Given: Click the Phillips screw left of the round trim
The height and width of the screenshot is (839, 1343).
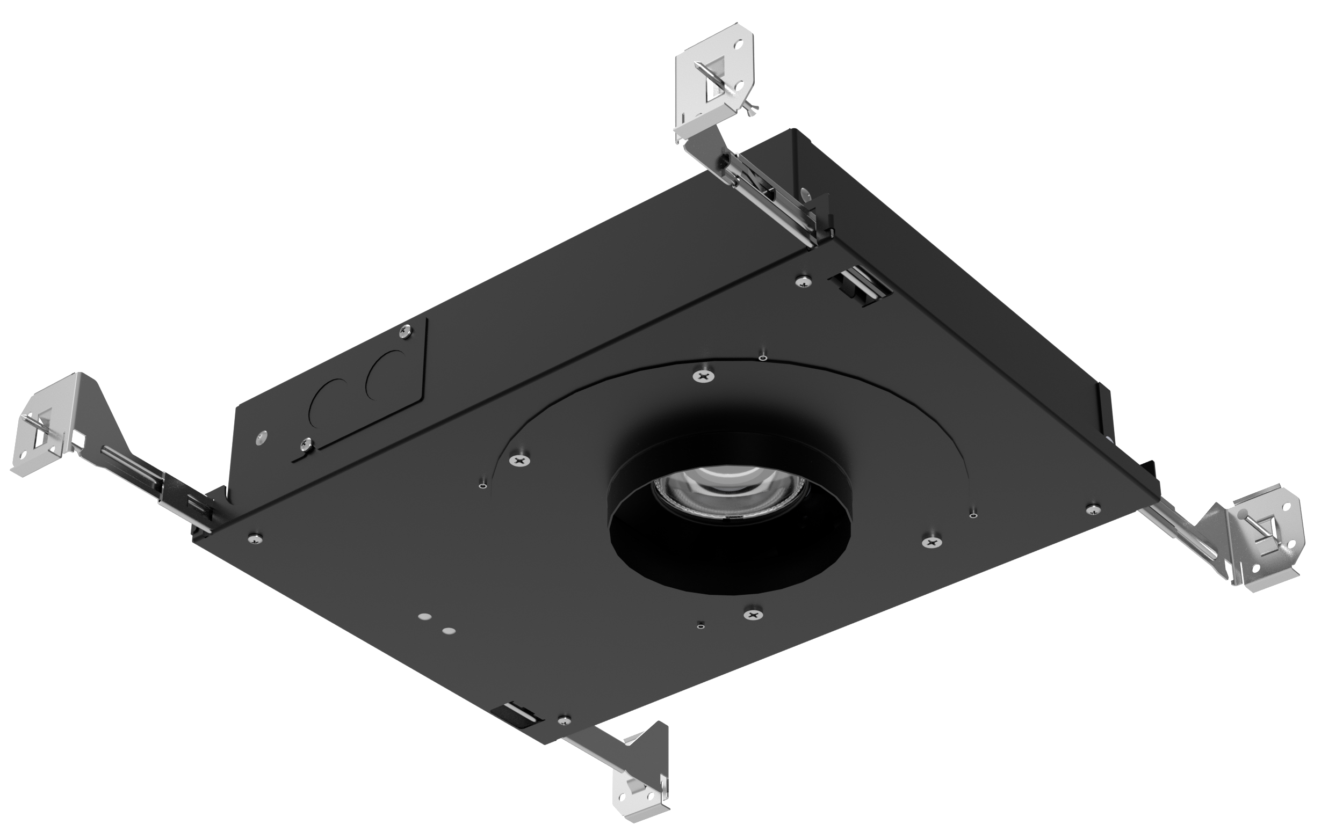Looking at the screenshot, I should [x=519, y=459].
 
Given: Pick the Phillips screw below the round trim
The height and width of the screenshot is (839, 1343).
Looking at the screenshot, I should [x=753, y=614].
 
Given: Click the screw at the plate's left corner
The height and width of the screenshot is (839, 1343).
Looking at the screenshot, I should [x=255, y=537].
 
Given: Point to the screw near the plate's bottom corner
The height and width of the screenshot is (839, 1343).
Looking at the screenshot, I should [x=564, y=720].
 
